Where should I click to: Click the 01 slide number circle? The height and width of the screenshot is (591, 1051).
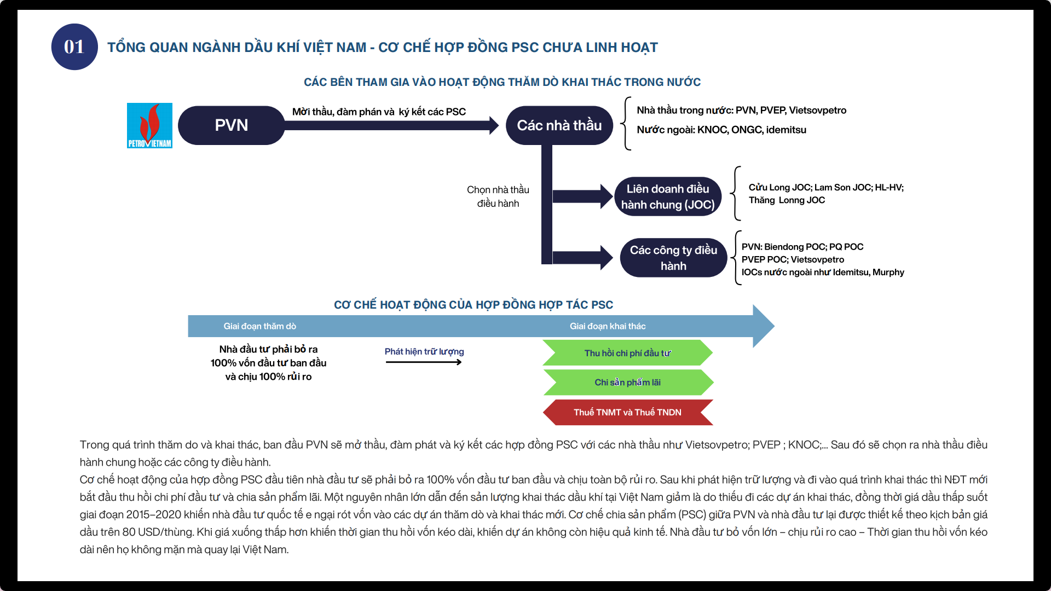click(x=74, y=47)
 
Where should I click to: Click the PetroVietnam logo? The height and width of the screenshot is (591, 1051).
click(x=149, y=125)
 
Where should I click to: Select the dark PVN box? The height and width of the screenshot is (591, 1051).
click(x=231, y=125)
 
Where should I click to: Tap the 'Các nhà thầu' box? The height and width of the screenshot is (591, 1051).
click(x=559, y=125)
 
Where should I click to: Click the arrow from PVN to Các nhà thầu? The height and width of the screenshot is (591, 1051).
click(x=391, y=125)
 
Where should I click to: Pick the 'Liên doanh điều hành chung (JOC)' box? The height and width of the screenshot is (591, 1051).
click(x=667, y=196)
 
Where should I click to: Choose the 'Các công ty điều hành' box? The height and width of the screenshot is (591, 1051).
click(x=673, y=258)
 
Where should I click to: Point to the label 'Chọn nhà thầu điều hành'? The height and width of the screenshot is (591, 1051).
click(x=498, y=196)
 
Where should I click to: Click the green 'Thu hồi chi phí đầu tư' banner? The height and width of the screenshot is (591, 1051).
click(x=627, y=353)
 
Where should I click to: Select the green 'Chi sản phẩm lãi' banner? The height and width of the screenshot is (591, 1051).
click(x=627, y=383)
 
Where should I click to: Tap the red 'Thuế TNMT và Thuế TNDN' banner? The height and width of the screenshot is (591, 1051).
click(x=627, y=412)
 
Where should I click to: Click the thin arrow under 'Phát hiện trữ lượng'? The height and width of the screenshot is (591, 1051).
click(x=424, y=362)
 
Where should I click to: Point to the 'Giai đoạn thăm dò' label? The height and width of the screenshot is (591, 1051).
click(x=259, y=326)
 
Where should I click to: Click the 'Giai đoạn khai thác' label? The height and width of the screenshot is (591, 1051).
click(x=608, y=326)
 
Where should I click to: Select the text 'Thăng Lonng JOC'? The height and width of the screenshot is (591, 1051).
click(x=787, y=200)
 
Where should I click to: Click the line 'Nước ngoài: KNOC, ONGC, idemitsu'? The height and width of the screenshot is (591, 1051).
click(x=721, y=130)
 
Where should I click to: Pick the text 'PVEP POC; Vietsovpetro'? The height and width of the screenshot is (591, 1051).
click(x=793, y=259)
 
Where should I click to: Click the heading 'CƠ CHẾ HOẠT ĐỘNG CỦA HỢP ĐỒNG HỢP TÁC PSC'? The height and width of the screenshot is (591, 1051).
click(x=473, y=305)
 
